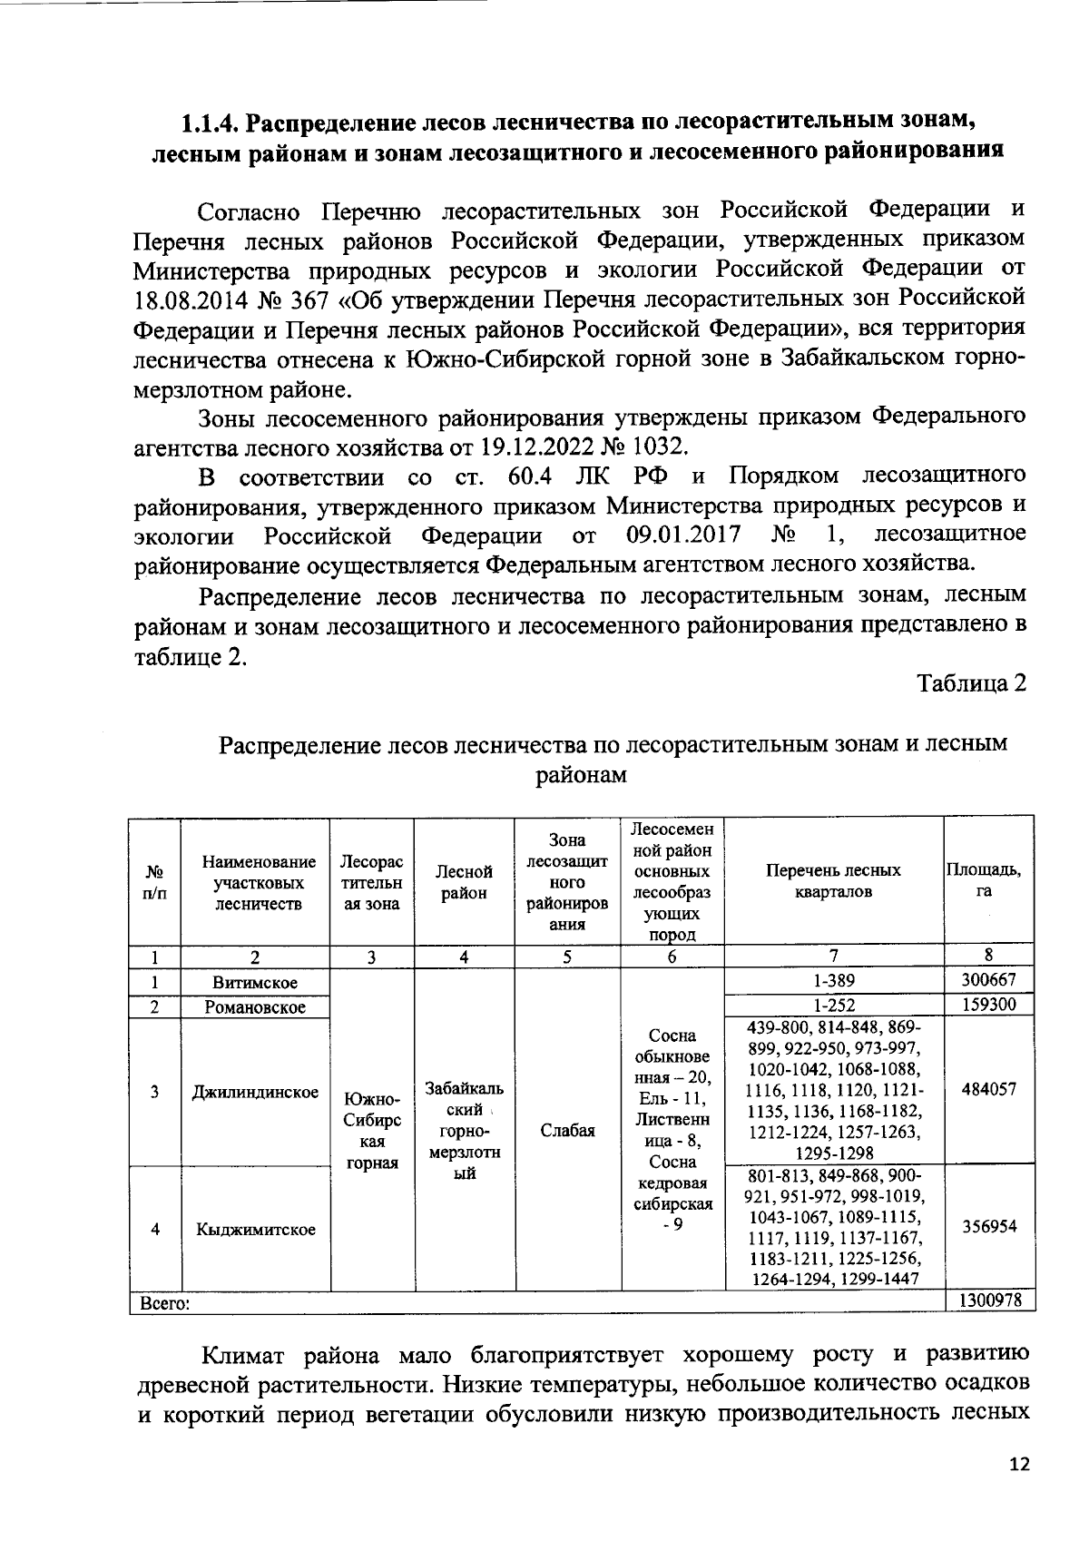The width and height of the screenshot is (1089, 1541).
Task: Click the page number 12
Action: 1020,1464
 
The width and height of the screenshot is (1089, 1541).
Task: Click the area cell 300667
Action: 988,980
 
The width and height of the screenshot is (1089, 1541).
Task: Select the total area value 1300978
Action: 988,1301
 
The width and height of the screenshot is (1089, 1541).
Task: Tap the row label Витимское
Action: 255,982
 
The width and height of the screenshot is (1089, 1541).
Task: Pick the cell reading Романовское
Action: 255,1006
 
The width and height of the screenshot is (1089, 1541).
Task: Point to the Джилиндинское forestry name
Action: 255,1092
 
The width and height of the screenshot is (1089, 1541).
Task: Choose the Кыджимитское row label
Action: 255,1229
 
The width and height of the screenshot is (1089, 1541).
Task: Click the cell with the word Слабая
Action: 567,1130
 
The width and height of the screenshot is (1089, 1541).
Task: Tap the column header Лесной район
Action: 464,881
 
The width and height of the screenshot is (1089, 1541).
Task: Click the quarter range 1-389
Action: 834,981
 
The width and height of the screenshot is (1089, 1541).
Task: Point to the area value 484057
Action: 988,1090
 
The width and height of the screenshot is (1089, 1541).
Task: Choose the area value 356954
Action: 988,1226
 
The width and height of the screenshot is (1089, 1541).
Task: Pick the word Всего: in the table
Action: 162,1303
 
